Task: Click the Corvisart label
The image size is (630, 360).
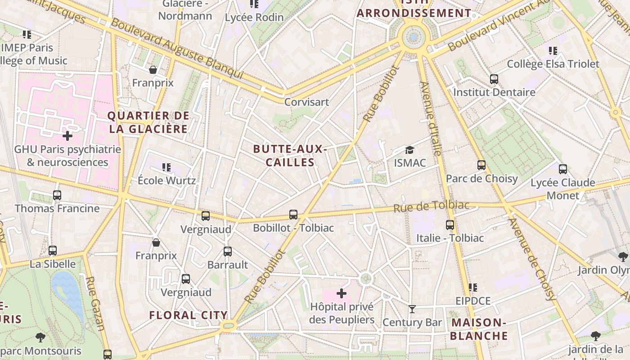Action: coord(306,102)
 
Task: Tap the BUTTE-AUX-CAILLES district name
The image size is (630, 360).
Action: coord(290,156)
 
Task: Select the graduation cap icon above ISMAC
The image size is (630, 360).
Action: coord(409,150)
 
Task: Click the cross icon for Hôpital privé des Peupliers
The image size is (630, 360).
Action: coord(342,294)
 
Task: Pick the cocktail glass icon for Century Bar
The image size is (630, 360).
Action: coord(412,309)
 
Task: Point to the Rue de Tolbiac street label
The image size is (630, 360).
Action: coord(431,207)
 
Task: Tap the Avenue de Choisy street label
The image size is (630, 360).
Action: coord(531,259)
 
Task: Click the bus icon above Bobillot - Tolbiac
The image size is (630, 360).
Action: coord(293,215)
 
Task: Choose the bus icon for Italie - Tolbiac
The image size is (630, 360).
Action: coord(450,225)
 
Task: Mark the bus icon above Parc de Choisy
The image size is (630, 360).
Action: coord(481,165)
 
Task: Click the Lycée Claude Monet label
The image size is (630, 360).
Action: coord(562,189)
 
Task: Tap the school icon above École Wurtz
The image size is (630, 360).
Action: coord(166,167)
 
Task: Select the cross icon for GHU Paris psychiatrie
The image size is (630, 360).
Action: coord(67,135)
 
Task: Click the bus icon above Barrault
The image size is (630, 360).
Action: coord(228,252)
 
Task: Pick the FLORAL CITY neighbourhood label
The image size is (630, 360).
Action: coord(188,315)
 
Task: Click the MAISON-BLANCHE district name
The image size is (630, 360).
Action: coord(479,329)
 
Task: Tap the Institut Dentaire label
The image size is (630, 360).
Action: coord(494,92)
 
